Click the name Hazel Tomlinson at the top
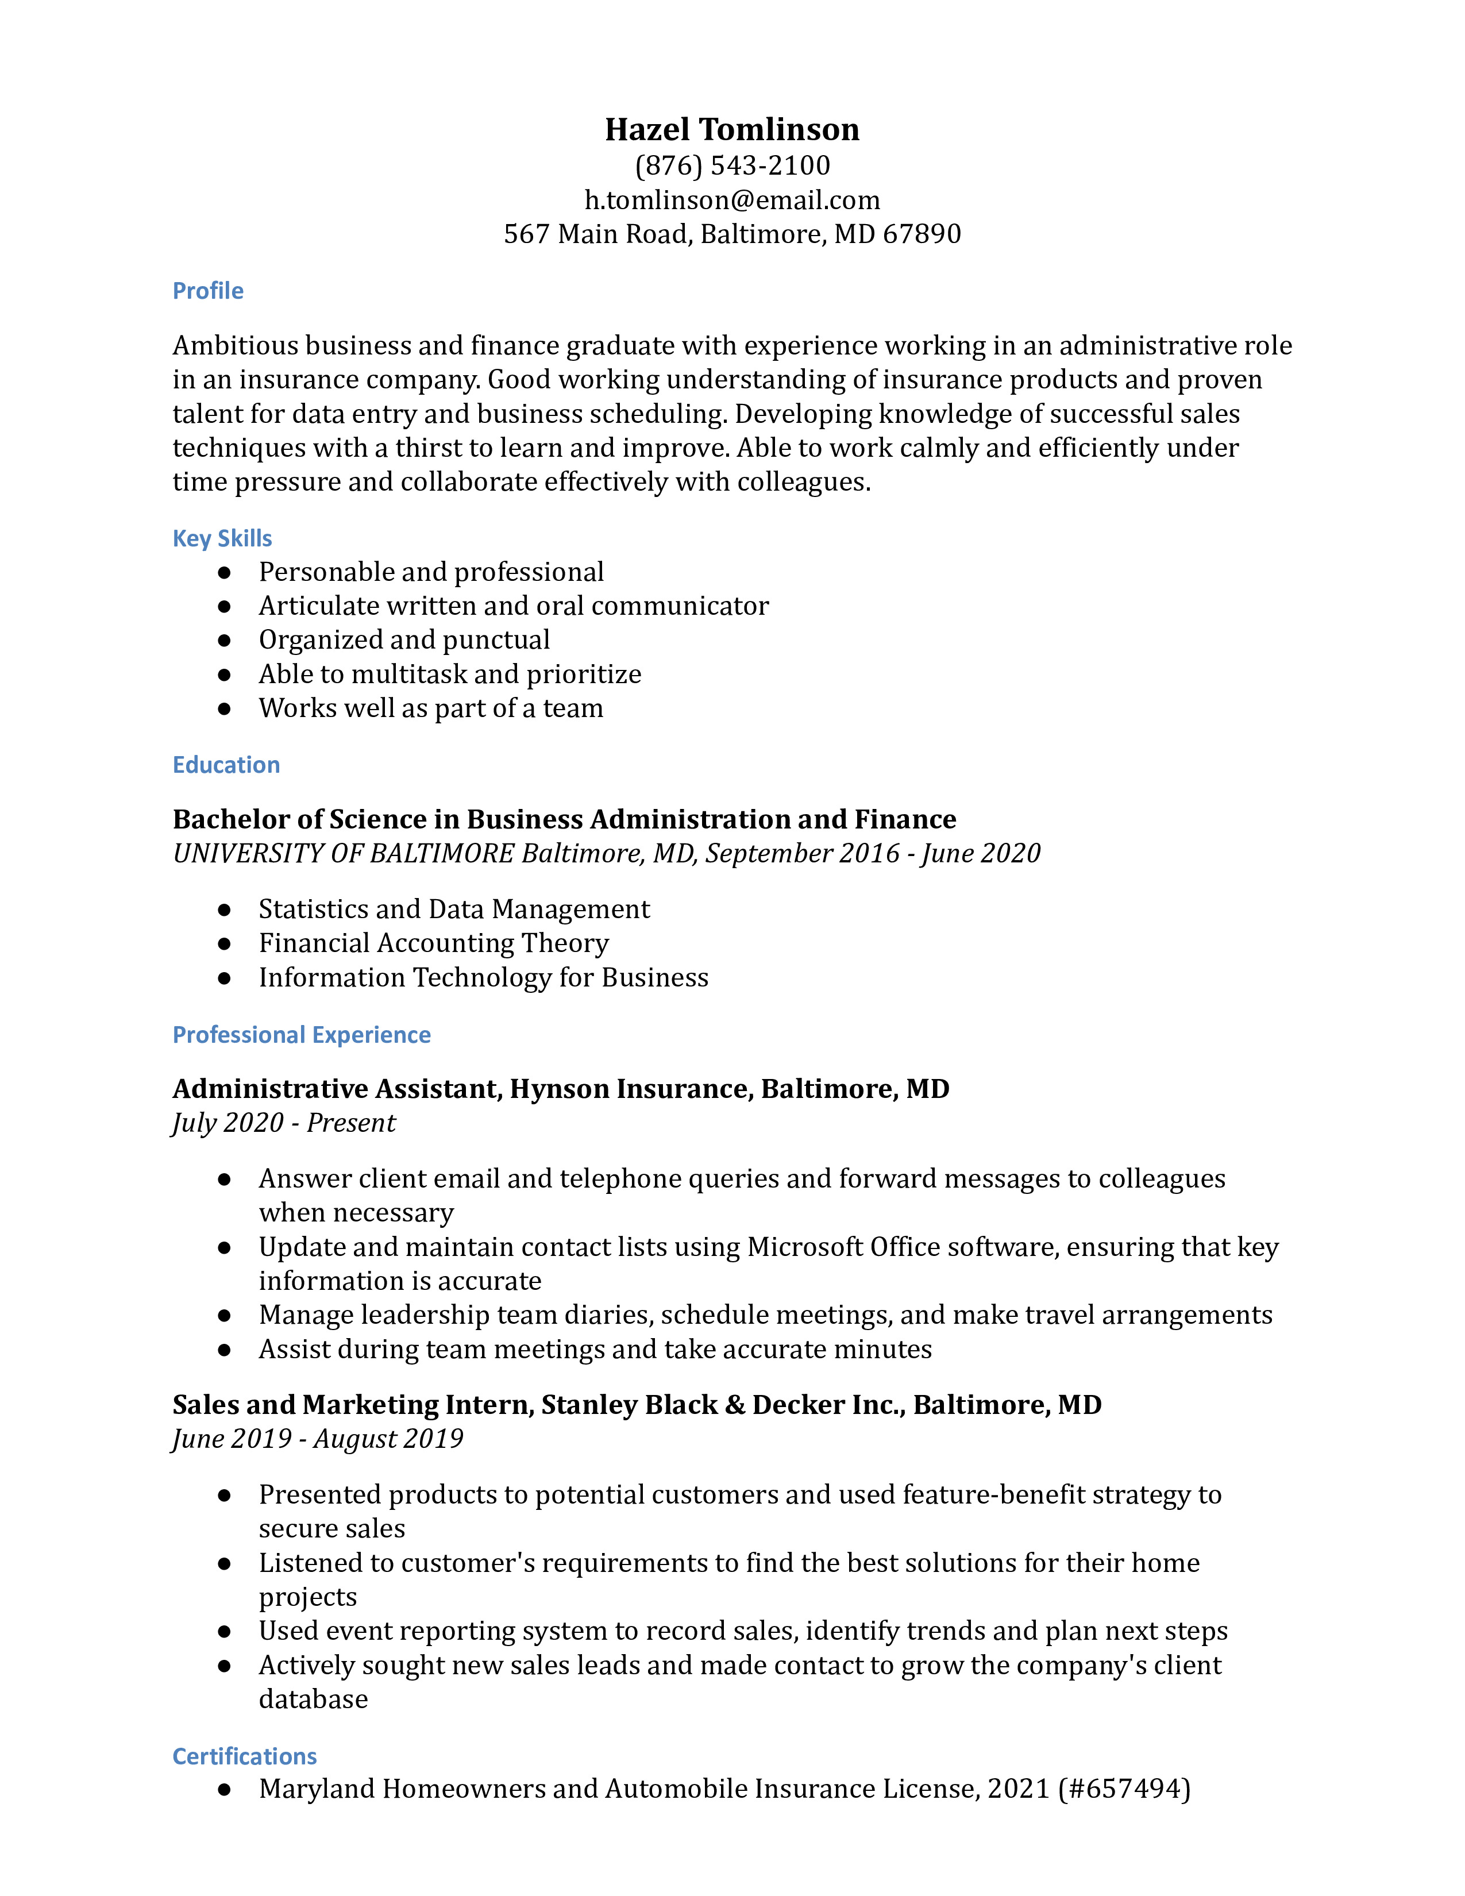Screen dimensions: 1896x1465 point(731,129)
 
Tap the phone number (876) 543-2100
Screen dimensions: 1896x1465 point(731,165)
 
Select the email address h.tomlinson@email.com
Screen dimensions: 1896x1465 point(731,200)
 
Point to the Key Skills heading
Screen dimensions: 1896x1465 point(222,538)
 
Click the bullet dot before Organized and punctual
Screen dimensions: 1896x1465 point(224,641)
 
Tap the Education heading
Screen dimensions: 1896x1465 point(226,765)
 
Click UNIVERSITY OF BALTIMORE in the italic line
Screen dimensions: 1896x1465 point(344,853)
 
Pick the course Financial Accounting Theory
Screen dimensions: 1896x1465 point(433,943)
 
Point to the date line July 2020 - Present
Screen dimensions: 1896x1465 point(284,1123)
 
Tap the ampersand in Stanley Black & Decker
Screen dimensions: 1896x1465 point(735,1405)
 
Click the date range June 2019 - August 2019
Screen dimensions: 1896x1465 point(318,1439)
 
